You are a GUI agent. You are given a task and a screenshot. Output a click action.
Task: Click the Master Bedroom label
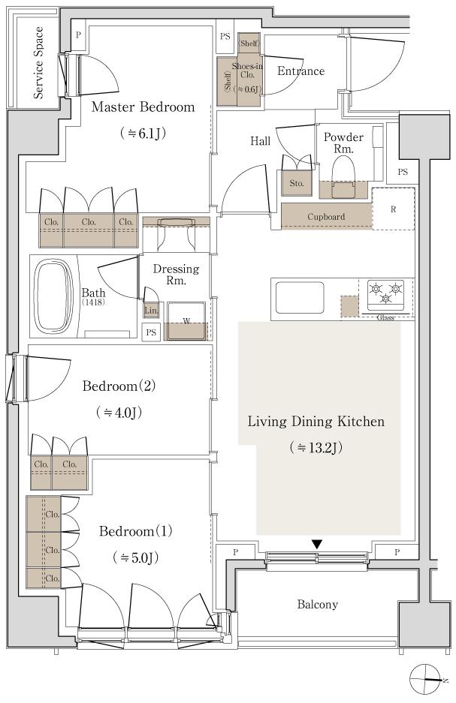click(143, 107)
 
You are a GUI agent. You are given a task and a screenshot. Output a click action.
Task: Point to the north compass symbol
click(426, 680)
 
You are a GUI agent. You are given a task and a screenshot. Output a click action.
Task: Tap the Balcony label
click(317, 604)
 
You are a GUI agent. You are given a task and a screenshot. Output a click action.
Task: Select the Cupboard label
click(326, 217)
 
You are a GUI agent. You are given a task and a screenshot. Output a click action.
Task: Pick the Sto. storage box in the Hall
click(295, 182)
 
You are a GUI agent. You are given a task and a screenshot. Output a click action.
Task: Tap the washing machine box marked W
click(186, 321)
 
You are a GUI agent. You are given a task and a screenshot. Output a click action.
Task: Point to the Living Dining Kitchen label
click(316, 422)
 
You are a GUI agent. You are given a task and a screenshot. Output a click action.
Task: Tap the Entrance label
click(301, 71)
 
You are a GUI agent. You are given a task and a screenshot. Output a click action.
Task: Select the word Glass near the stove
click(385, 318)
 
